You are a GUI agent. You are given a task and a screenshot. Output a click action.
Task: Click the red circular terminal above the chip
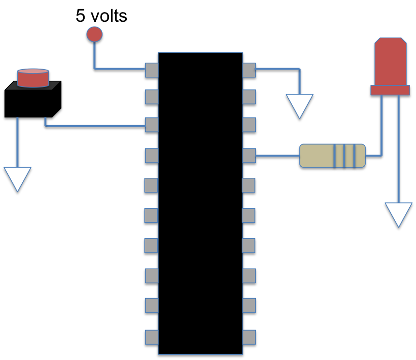(94, 34)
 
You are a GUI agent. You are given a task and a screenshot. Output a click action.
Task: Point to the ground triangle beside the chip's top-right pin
(299, 104)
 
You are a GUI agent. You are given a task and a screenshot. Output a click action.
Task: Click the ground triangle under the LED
(399, 213)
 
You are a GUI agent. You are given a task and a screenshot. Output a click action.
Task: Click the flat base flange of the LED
(390, 90)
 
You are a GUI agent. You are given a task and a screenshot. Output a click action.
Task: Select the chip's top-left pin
(151, 70)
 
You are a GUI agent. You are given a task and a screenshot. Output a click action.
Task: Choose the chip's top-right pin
(249, 70)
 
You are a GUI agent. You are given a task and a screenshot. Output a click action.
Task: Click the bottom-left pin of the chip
(151, 337)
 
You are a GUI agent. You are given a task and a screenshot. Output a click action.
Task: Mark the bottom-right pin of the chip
(249, 337)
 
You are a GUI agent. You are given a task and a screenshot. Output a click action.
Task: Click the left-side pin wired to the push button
(151, 125)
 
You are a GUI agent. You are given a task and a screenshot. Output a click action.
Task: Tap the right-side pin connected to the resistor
(249, 156)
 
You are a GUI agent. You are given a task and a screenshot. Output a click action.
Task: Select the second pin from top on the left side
(151, 97)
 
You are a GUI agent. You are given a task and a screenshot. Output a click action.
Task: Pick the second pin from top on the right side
(249, 97)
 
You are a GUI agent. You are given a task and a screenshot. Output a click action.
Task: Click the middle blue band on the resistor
(344, 156)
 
